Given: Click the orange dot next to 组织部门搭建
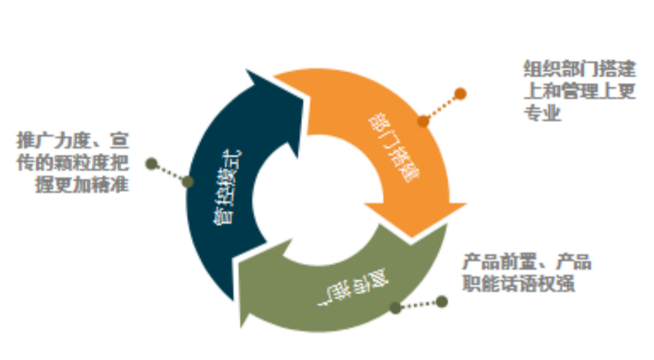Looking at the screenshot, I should point(461,94).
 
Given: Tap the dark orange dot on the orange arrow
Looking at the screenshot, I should point(423,121).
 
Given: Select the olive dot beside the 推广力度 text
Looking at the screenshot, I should point(151,164).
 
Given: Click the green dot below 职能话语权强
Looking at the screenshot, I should point(442,301).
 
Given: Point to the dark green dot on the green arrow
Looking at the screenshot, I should point(396,308).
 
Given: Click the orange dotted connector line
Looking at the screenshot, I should point(442,107).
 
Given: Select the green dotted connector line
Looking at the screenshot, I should point(419,305).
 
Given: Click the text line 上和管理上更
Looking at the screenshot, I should point(579,92).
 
